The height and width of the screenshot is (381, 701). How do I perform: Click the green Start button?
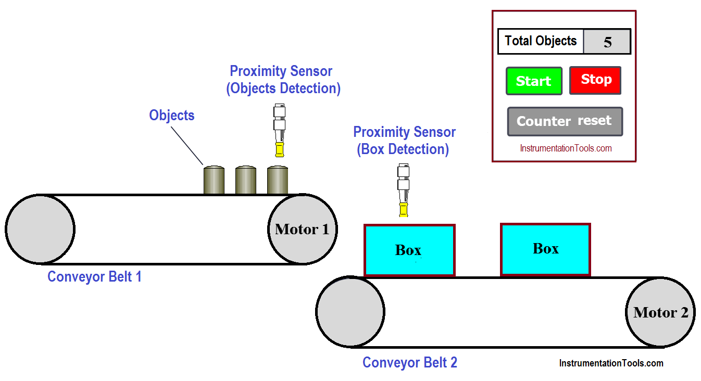click(534, 81)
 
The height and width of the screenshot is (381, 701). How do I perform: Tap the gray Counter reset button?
click(565, 121)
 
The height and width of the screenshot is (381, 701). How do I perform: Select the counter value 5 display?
click(607, 42)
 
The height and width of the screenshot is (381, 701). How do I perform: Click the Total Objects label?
click(541, 42)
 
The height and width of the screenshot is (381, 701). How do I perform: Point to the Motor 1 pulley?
click(302, 230)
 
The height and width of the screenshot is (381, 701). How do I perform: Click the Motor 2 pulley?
click(660, 312)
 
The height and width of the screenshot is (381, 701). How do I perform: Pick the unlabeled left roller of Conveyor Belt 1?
click(40, 230)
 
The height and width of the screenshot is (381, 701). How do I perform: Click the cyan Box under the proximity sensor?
click(409, 250)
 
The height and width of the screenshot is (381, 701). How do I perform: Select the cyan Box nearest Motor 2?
click(545, 249)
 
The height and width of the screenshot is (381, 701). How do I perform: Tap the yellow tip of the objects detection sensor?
click(280, 149)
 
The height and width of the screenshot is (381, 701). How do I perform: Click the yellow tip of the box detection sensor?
click(403, 210)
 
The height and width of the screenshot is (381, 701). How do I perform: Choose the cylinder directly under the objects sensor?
click(278, 180)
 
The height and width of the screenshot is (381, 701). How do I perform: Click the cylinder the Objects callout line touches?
click(214, 180)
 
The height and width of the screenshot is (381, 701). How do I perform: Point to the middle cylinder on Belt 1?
click(246, 180)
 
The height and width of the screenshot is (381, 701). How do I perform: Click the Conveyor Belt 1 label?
click(94, 276)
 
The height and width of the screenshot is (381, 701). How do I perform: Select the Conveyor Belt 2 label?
click(409, 362)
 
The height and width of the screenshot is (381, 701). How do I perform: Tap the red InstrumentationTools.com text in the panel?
click(566, 148)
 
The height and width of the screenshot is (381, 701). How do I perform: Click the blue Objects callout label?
click(172, 115)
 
